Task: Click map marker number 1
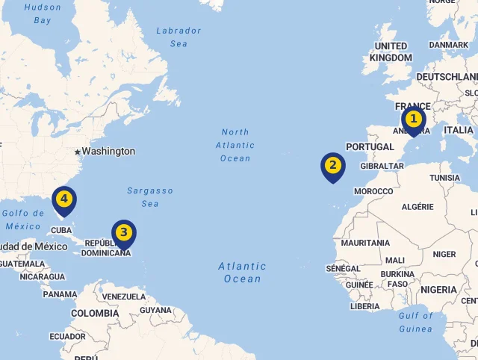(413, 120)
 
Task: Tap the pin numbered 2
(332, 166)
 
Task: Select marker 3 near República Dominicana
(124, 233)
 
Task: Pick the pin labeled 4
(65, 199)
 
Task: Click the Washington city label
(108, 152)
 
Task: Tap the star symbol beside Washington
(77, 152)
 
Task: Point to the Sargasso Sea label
(149, 197)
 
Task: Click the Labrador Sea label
(179, 37)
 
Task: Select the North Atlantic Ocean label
(235, 145)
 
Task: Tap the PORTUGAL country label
(370, 147)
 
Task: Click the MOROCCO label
(373, 192)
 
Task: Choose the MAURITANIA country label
(365, 243)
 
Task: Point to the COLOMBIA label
(95, 314)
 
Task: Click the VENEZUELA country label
(123, 297)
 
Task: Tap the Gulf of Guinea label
(415, 321)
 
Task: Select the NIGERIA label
(438, 290)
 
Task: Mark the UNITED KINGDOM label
(391, 52)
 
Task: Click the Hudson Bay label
(43, 14)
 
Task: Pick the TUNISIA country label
(445, 179)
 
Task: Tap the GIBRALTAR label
(382, 167)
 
